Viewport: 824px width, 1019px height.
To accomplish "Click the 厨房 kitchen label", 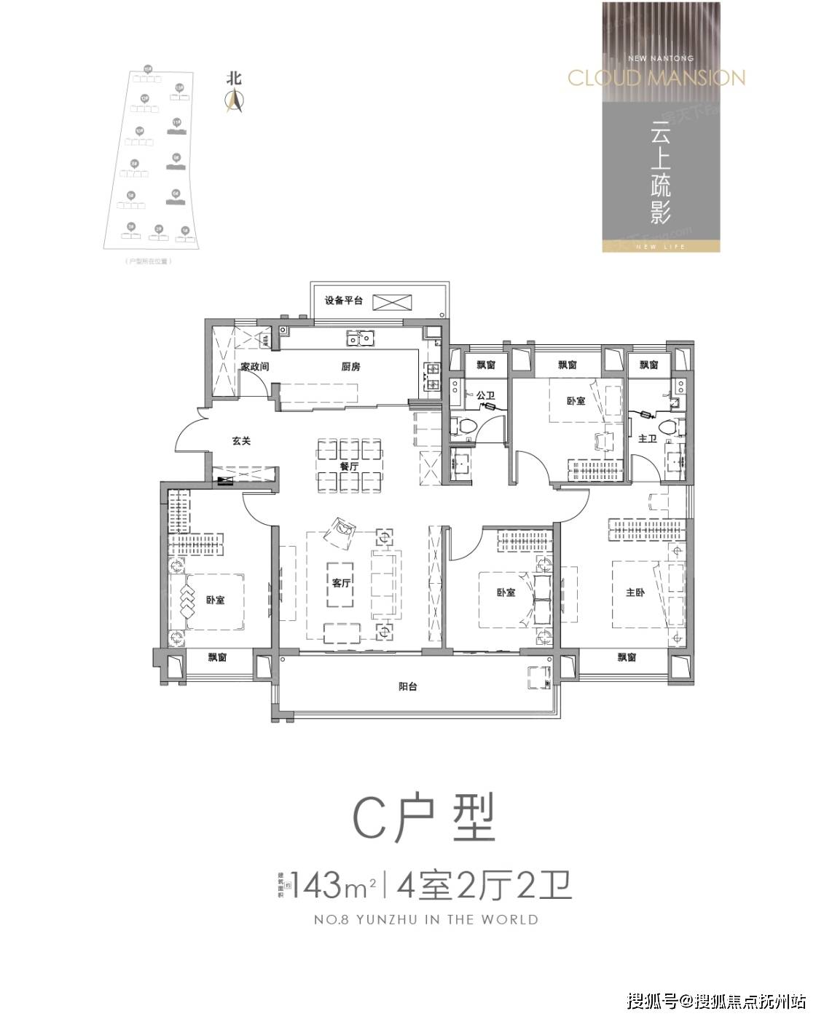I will (350, 367).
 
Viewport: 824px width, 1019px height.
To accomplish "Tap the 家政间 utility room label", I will (254, 367).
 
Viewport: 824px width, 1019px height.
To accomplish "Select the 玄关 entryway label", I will (241, 441).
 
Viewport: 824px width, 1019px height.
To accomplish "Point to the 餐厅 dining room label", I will (349, 467).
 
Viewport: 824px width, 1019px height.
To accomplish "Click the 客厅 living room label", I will (341, 583).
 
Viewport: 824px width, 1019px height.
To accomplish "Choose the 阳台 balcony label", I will (408, 686).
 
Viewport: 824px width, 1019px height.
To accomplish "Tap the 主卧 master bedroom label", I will (635, 592).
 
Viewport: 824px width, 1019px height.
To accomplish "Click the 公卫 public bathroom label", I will (485, 396).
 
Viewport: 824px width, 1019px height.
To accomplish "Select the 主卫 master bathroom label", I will (647, 439).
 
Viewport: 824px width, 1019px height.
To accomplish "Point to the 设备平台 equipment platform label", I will (344, 301).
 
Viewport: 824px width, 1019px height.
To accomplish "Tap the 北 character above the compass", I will (234, 79).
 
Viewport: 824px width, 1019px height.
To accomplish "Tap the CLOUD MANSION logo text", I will (656, 77).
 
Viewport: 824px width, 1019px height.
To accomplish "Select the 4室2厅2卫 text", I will (482, 885).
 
